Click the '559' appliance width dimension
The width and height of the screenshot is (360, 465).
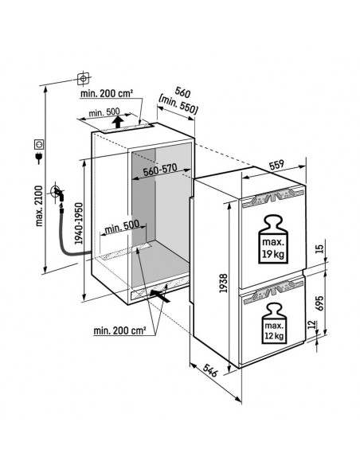click(276, 166)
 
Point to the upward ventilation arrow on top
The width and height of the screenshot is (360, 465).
click(118, 122)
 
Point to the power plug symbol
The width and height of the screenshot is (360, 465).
click(37, 149)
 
